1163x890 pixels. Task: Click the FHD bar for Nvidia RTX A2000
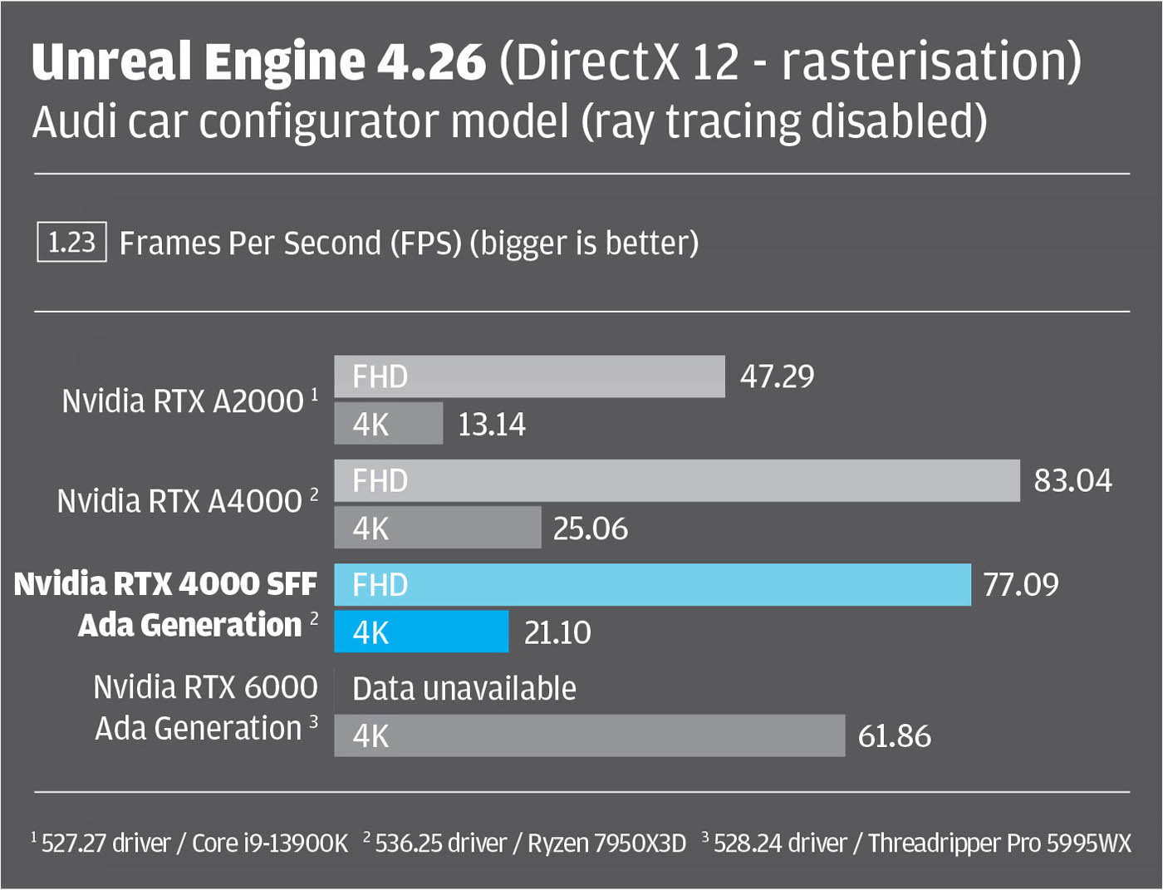pos(529,376)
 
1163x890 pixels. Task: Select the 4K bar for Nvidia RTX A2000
pos(388,424)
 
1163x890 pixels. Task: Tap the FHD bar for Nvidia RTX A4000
pos(676,480)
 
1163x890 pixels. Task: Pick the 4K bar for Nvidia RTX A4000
pos(437,528)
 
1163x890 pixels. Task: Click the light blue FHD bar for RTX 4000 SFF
pos(652,585)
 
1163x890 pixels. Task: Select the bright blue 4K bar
pos(421,632)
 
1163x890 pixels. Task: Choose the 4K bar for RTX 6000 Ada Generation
pos(589,735)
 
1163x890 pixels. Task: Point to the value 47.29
pos(777,376)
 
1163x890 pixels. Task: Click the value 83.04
pos(1072,480)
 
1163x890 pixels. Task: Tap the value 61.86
pos(894,736)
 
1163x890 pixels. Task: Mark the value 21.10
pos(557,632)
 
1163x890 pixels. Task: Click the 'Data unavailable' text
pos(464,689)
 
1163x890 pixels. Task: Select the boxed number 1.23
pos(71,242)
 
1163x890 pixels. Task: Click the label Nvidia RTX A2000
pos(184,401)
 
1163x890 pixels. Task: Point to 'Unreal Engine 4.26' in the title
pos(258,61)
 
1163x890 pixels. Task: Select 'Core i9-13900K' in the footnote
pos(270,843)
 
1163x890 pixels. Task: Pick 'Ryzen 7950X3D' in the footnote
pos(607,843)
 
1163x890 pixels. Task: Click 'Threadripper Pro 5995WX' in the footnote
pos(999,843)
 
